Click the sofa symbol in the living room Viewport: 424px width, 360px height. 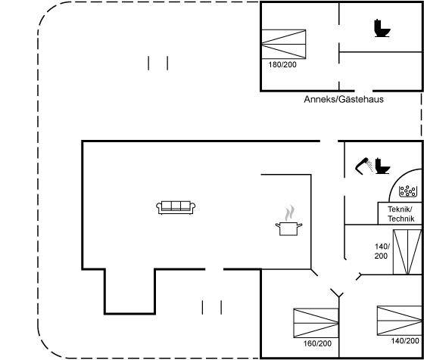click(x=176, y=207)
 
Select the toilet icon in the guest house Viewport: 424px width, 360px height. click(x=382, y=28)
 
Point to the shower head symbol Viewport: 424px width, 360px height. click(x=363, y=165)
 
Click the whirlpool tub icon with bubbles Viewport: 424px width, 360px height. click(x=408, y=191)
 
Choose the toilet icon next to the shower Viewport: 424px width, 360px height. click(x=382, y=166)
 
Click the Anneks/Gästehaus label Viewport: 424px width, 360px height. click(x=344, y=99)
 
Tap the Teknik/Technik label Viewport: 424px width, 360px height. click(x=401, y=213)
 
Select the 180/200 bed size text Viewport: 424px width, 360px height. click(x=282, y=65)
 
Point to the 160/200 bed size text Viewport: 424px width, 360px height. click(x=317, y=343)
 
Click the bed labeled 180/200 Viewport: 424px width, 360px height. click(x=284, y=44)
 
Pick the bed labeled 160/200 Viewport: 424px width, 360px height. click(x=316, y=323)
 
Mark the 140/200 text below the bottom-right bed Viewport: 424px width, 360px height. click(x=405, y=341)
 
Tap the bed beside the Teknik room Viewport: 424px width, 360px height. click(x=407, y=253)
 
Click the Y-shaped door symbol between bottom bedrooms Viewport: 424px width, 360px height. click(x=337, y=293)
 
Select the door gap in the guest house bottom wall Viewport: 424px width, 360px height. click(x=363, y=91)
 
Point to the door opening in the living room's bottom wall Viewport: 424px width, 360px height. click(x=214, y=269)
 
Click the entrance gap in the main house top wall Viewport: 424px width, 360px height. click(x=329, y=141)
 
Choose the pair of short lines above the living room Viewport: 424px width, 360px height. click(x=158, y=64)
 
